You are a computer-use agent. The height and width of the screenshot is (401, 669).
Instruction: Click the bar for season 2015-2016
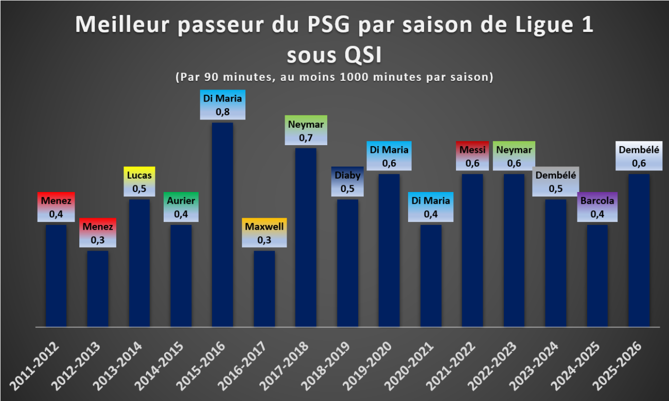tap(222, 225)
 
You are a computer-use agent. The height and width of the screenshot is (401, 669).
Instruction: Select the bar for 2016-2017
tap(265, 289)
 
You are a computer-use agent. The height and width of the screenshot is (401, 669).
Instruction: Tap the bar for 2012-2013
tap(98, 289)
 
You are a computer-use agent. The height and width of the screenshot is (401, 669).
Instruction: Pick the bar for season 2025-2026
tap(639, 250)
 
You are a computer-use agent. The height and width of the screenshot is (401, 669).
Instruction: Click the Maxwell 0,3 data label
tap(265, 233)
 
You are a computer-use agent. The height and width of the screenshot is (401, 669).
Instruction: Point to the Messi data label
tap(472, 156)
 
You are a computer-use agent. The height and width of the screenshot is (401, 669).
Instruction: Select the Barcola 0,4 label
tap(597, 207)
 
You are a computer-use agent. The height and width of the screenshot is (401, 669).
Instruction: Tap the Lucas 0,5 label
tap(139, 181)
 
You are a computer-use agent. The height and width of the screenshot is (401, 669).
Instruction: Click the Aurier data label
tap(181, 207)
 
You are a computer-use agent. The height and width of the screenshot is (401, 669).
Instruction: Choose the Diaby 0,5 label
tap(347, 181)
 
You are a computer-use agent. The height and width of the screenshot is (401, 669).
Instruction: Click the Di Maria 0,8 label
tap(222, 104)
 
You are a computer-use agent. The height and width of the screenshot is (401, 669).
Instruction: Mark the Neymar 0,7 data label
tap(306, 130)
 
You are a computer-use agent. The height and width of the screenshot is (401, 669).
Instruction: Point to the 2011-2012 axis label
tap(35, 367)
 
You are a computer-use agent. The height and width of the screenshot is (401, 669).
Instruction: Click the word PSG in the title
tap(328, 25)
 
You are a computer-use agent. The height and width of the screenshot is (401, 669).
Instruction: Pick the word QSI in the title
tap(363, 55)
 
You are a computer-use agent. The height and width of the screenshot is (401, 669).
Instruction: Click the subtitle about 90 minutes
tap(334, 77)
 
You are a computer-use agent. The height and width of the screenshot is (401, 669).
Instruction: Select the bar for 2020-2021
tap(431, 276)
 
